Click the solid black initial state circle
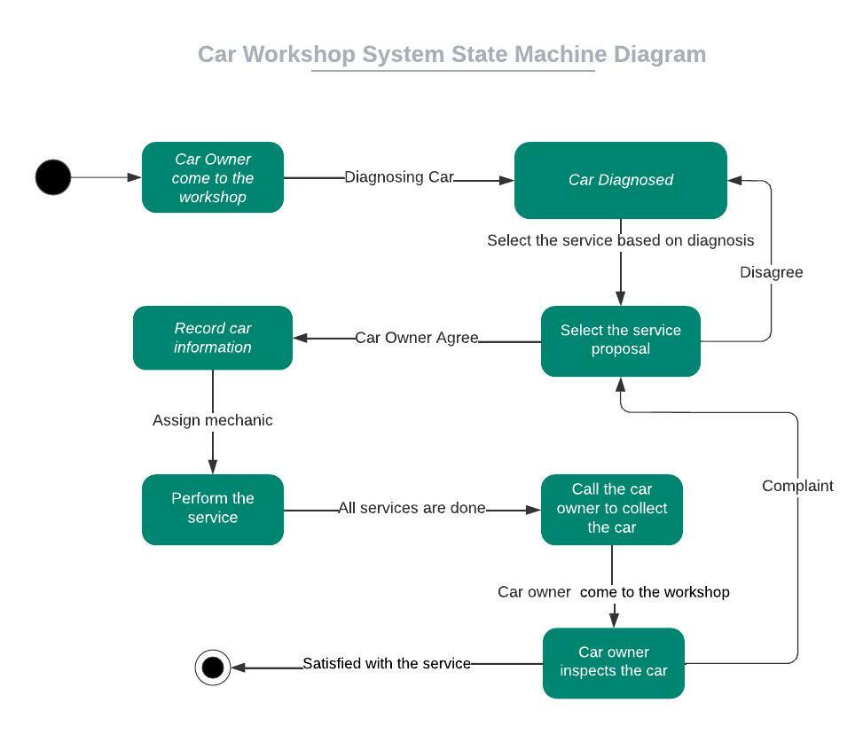click(x=53, y=177)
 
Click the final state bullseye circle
click(x=213, y=668)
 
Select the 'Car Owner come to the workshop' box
click(x=213, y=177)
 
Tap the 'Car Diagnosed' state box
click(x=621, y=180)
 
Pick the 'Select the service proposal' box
click(x=621, y=340)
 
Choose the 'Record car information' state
click(x=213, y=338)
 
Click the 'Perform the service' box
click(x=213, y=509)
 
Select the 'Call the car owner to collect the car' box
click(x=612, y=509)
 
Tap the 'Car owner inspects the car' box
click(x=614, y=662)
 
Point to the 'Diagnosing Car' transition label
click(x=399, y=177)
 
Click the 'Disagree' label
click(x=772, y=272)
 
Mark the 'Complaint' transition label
click(x=797, y=486)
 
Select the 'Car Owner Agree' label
click(x=417, y=338)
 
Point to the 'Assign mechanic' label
click(x=213, y=420)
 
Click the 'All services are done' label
click(x=412, y=508)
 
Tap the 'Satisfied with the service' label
click(x=387, y=663)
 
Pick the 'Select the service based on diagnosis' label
click(x=621, y=240)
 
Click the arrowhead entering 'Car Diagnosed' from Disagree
click(x=735, y=180)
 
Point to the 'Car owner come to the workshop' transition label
click(x=614, y=591)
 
